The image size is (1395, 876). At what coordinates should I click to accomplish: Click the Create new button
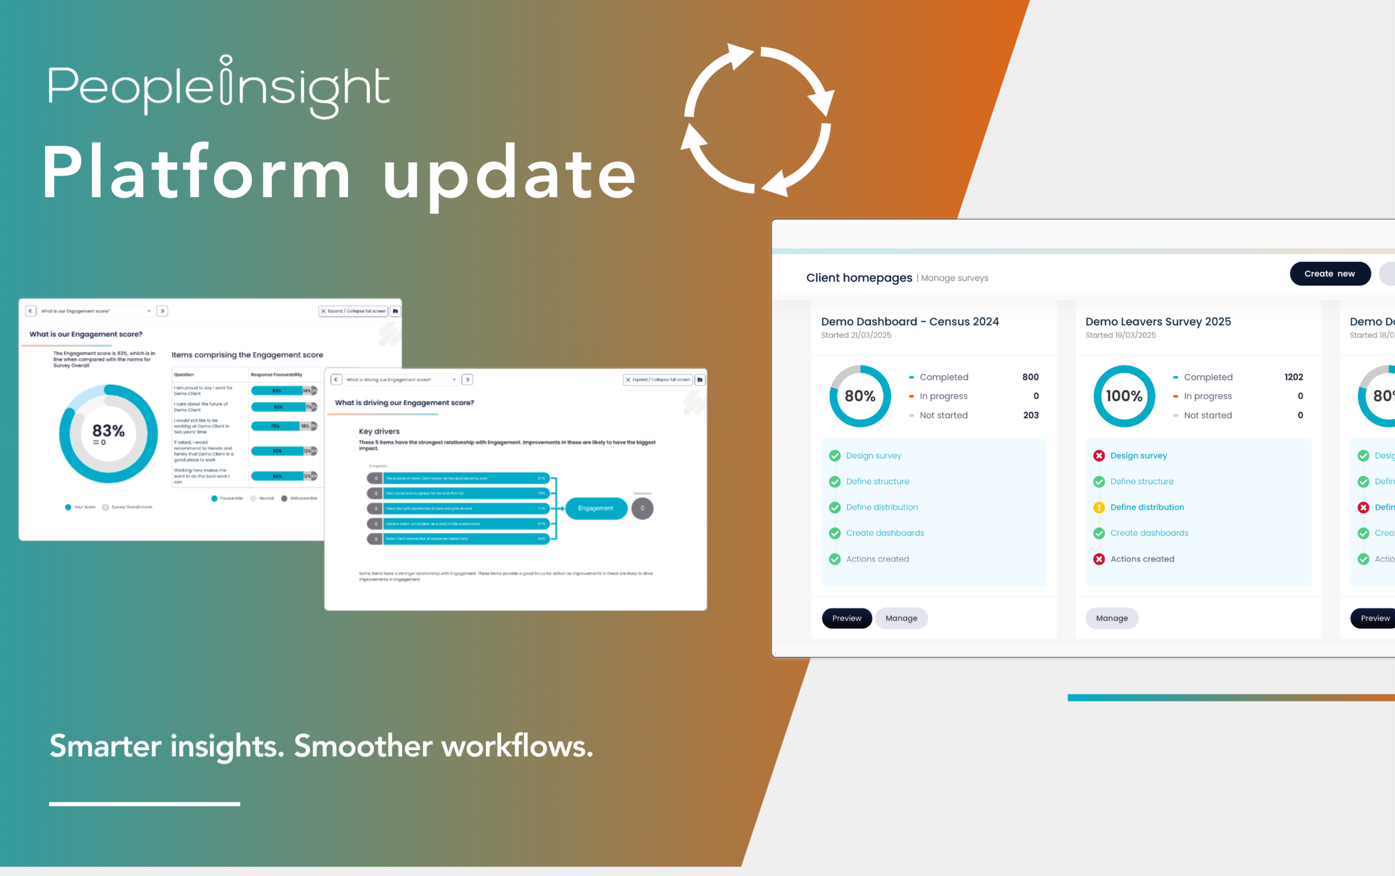coord(1330,274)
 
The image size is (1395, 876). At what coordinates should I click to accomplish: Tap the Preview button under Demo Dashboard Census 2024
coord(847,618)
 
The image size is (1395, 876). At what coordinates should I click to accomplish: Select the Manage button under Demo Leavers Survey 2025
coord(1111,618)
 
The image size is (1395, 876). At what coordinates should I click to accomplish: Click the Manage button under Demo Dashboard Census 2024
coord(901,618)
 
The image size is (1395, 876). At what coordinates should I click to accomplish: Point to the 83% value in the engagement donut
coord(108,431)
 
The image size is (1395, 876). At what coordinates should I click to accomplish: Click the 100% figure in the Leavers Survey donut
coord(1124,396)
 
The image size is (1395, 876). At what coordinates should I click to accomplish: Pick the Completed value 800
coord(1030,377)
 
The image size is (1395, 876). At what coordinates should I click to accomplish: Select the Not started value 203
coord(1031,415)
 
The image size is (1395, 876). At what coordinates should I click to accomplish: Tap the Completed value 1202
coord(1294,377)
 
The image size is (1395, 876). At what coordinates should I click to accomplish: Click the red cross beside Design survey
coord(1099,456)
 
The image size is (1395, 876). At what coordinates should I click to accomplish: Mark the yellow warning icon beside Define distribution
coord(1099,508)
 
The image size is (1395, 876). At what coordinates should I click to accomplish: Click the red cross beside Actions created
coord(1099,559)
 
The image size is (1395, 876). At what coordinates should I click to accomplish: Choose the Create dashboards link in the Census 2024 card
coord(885,533)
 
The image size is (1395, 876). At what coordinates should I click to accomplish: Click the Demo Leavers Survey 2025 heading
coord(1158,322)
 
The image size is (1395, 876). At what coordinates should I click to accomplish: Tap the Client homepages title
coord(859,278)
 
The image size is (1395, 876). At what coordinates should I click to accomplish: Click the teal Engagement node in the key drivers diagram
coord(596,508)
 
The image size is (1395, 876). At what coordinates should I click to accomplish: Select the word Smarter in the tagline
coord(105,746)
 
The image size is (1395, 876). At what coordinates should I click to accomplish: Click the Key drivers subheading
coord(379,432)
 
